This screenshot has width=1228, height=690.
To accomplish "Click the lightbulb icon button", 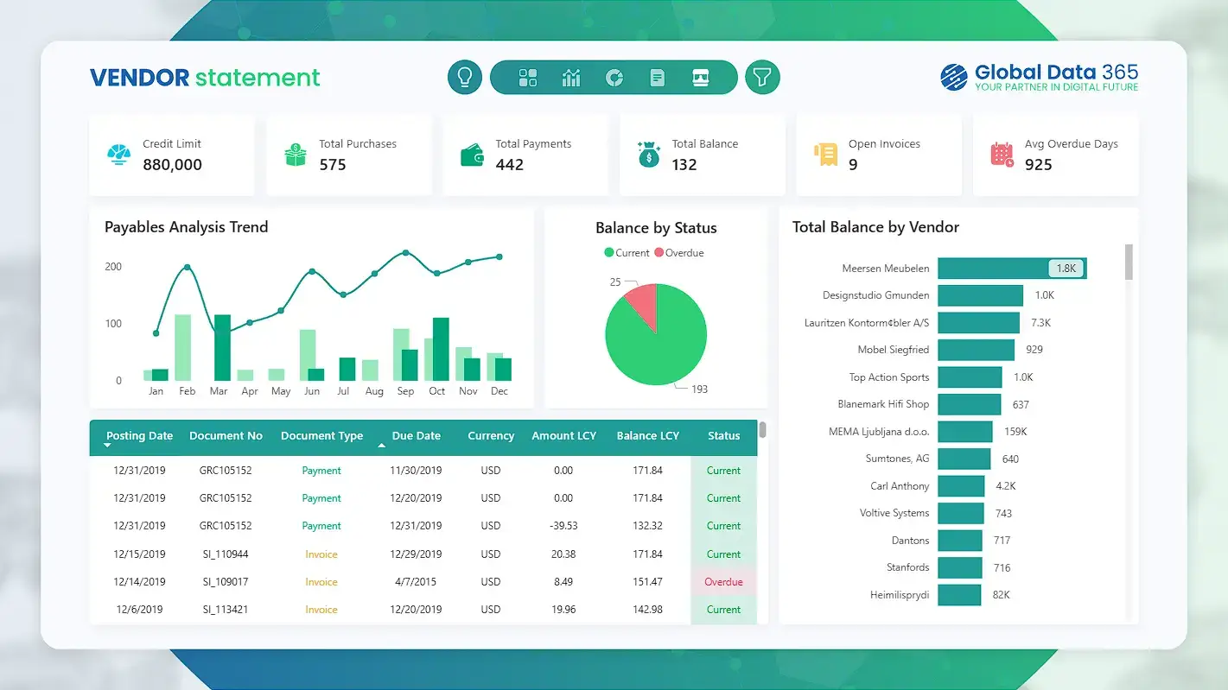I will coord(465,77).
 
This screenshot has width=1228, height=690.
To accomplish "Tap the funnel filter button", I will coord(761,77).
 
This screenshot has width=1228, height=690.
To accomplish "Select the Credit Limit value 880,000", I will coord(172,165).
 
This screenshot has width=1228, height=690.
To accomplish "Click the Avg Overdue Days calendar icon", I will coord(1002,155).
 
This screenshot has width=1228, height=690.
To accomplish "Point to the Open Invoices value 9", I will coord(853,165).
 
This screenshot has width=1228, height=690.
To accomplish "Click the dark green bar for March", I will coord(222,347).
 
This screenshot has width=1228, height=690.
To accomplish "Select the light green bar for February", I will coord(182,347).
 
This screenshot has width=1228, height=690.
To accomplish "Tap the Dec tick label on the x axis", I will coord(499,391).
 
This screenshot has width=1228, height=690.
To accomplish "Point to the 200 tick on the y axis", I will coord(113,267).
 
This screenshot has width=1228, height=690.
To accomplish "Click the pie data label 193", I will coord(699,389).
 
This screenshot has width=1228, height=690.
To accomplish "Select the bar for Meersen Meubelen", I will coord(1011,269).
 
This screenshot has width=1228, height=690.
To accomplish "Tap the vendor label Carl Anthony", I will coord(900,486).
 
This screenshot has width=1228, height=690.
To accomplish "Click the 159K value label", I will coord(1015,432).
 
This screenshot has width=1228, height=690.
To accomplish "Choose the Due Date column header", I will coord(416,436).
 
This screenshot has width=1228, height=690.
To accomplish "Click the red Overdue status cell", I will coord(723,582).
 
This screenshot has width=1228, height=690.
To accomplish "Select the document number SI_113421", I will coord(226,610).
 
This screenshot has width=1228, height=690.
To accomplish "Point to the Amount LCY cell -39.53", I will coord(563,526).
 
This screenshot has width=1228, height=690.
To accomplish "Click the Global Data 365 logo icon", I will coord(954,77).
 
